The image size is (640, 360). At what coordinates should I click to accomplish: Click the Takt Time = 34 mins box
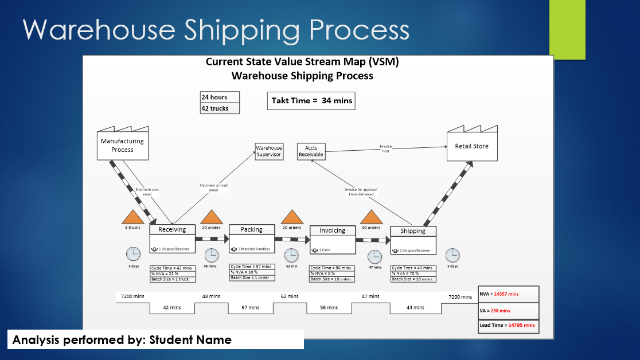311,100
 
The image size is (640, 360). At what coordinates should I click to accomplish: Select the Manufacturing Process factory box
122,144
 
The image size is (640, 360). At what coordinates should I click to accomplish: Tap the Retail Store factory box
471,147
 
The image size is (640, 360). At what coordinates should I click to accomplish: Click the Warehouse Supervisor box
269,151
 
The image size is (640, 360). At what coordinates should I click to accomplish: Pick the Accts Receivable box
311,151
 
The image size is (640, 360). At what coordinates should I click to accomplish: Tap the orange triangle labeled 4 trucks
132,216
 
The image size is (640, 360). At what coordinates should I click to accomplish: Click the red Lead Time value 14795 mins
521,326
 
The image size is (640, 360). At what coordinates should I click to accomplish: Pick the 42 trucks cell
220,108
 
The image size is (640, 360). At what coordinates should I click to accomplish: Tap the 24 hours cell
220,97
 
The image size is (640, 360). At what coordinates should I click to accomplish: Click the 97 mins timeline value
250,308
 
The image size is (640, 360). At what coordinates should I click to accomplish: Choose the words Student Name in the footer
190,340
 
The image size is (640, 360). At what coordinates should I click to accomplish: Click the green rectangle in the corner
567,29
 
